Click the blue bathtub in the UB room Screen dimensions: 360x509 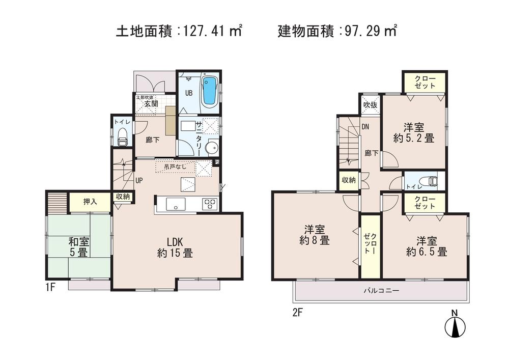coord(210,92)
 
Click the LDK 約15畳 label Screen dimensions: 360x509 coord(175,247)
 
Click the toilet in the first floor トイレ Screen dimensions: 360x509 coord(122,135)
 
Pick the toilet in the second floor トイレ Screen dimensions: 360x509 coord(431,181)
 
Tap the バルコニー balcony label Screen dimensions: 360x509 coord(381,291)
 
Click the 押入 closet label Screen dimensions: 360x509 coord(91,201)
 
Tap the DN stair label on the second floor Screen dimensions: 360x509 coord(365,127)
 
